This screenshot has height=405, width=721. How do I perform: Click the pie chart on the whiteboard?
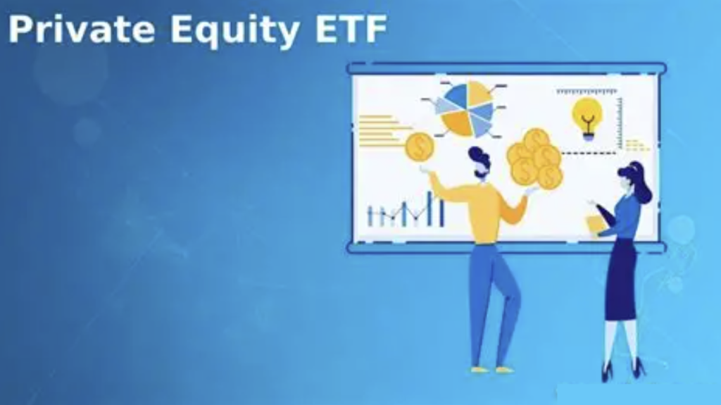pyautogui.click(x=465, y=108)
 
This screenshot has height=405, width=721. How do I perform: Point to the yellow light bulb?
pyautogui.click(x=587, y=116)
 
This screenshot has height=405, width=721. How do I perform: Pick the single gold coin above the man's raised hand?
pyautogui.click(x=420, y=147)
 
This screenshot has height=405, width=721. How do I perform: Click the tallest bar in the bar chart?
pyautogui.click(x=429, y=208)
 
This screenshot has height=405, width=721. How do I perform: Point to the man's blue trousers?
pyautogui.click(x=493, y=296)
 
